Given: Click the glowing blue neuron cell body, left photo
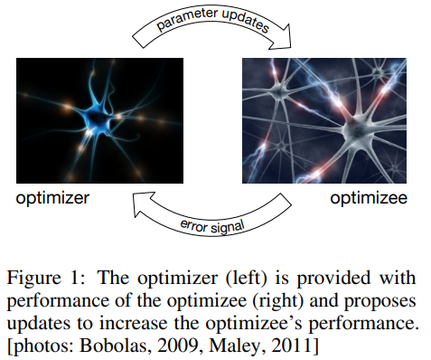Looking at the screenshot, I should pyautogui.click(x=98, y=117).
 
